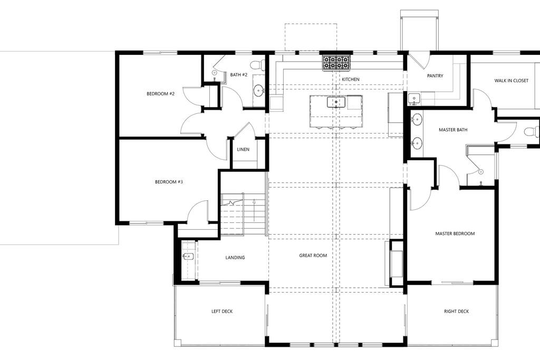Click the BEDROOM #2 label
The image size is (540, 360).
point(160,94)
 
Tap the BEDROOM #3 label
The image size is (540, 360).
point(169,182)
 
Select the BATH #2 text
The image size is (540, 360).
point(239,75)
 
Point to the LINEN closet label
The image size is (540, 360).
point(243,149)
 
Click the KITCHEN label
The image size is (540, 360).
point(351,79)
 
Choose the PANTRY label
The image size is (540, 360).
point(435,76)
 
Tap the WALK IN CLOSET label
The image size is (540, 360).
point(511,81)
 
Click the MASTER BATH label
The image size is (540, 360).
point(453,130)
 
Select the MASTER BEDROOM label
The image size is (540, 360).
point(455,233)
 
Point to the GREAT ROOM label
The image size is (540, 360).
point(313,255)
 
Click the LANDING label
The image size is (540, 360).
point(235,257)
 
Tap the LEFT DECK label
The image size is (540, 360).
point(222,311)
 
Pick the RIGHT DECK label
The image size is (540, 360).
point(456,311)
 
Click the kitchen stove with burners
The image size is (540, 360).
point(336,63)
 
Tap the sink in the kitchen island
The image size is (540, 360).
point(336,102)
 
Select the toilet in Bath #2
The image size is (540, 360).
point(257,64)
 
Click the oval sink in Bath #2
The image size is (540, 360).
point(259,91)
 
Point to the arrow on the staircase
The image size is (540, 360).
point(254,210)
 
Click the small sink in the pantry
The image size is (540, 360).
point(413,99)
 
